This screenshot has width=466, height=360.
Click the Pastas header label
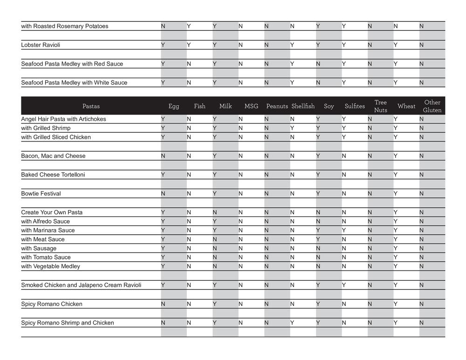click(91, 106)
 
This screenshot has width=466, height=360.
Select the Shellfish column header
click(303, 106)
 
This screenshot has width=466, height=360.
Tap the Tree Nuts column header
click(380, 106)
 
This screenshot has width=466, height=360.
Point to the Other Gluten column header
click(432, 106)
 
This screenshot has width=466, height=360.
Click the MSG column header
click(251, 106)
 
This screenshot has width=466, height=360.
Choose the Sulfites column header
click(355, 106)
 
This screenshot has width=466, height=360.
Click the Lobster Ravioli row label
click(41, 45)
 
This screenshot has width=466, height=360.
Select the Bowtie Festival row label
click(41, 194)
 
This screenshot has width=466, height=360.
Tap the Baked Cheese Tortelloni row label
click(53, 175)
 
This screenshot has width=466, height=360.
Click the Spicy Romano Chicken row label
click(51, 304)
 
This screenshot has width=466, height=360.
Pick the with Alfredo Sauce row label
click(45, 222)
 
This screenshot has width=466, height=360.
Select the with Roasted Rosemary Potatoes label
click(64, 27)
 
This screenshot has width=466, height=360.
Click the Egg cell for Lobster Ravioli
click(163, 45)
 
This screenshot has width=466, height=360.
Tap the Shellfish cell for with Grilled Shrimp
click(292, 128)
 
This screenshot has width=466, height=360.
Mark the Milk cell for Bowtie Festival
click(215, 194)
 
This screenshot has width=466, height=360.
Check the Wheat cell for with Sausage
click(396, 248)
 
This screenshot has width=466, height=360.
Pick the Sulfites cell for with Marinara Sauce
click(344, 231)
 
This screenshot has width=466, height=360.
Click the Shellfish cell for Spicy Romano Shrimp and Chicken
click(292, 323)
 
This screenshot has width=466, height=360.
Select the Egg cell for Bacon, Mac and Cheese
click(163, 156)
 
